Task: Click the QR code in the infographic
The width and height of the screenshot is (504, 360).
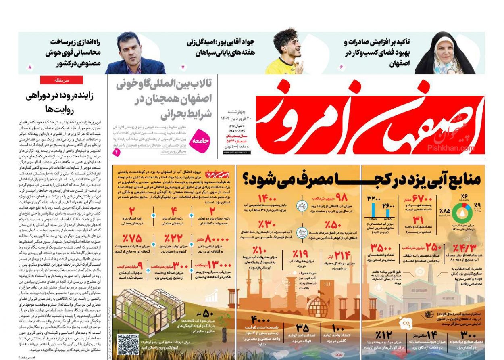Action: (x=128, y=344)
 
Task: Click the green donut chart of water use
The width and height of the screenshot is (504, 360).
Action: (x=462, y=213)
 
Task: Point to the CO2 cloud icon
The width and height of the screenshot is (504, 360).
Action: (x=405, y=323)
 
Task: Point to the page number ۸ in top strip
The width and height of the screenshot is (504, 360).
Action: (x=29, y=67)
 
